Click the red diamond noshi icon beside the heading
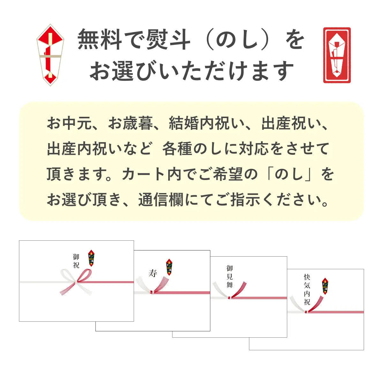click(50, 55)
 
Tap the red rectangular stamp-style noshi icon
click(337, 55)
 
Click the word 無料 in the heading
click(100, 40)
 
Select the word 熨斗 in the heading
click(168, 40)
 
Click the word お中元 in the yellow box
click(70, 123)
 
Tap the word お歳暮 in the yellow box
click(131, 123)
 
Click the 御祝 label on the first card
click(76, 261)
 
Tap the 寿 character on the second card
click(153, 273)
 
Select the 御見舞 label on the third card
click(230, 277)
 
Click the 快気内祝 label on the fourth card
click(307, 289)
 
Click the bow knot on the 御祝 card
click(76, 282)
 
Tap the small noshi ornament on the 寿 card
click(169, 267)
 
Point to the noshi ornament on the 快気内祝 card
click(325, 286)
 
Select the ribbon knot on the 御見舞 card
click(229, 298)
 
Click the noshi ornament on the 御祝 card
click(92, 258)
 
